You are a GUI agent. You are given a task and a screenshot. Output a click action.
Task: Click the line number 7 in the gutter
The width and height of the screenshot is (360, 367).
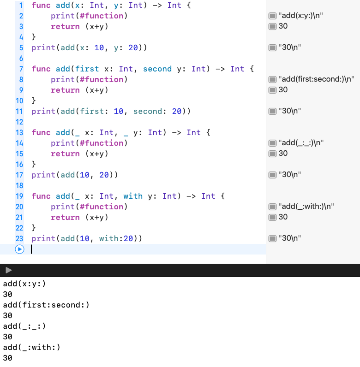tap(21, 69)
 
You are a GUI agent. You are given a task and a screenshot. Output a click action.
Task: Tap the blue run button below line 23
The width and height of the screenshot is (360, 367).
tap(19, 249)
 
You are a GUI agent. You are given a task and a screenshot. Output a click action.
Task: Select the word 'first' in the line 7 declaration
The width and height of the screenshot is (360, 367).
tap(87, 69)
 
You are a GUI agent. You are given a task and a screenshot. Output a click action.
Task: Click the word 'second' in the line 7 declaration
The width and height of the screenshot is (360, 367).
tap(157, 69)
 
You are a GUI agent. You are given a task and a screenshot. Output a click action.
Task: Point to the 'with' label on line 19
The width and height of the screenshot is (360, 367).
tap(133, 196)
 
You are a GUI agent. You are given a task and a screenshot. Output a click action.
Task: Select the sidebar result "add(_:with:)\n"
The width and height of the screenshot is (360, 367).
tap(306, 207)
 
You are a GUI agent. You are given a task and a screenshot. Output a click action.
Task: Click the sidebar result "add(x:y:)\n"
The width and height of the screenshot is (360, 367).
tap(301, 16)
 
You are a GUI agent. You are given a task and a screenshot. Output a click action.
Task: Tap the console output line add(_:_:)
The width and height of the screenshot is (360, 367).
tap(24, 326)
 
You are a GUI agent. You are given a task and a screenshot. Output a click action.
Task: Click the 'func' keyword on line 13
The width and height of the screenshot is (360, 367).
tap(41, 132)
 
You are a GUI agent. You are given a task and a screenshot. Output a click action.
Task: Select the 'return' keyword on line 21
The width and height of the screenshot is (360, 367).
tap(65, 217)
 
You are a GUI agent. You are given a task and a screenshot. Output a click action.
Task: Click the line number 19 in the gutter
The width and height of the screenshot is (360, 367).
tap(19, 196)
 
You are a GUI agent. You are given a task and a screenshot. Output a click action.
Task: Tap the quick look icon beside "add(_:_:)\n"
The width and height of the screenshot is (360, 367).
tap(273, 143)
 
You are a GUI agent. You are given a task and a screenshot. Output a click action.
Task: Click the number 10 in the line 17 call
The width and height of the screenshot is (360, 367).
tap(84, 175)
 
